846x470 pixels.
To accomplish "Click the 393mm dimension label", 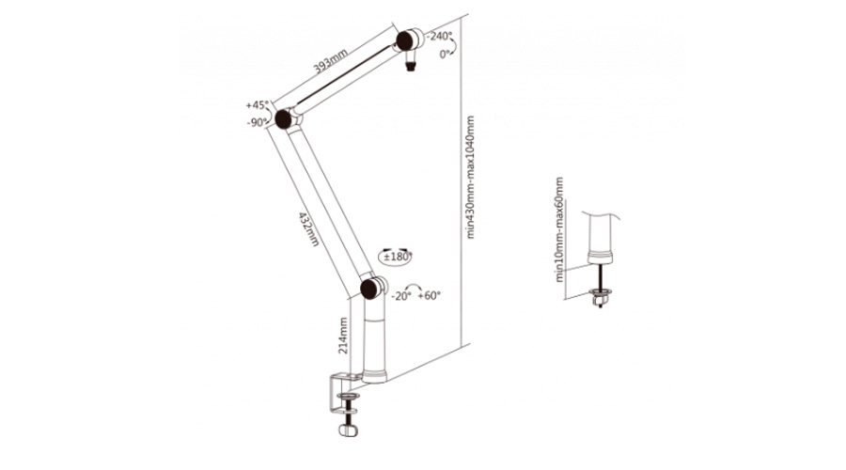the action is pos(331,61).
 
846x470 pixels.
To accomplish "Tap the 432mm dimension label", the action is pos(308,228).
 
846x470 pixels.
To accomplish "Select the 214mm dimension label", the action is pos(343,336).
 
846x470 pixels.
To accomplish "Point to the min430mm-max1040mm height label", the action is pos(470,177).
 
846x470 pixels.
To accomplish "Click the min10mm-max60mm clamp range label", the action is pos(559,229).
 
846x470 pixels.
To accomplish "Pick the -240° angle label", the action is pos(439,36).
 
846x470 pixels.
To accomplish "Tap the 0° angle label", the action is pos(445,54).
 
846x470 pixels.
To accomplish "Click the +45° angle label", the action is pos(257,105).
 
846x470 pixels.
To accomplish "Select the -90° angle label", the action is pos(258,122).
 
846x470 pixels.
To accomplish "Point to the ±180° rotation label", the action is pos(398,257).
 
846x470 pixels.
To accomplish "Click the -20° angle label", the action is pos(400,296).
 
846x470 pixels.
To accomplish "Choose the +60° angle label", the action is pos(430,296).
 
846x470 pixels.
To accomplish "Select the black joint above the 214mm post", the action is pos(370,289).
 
